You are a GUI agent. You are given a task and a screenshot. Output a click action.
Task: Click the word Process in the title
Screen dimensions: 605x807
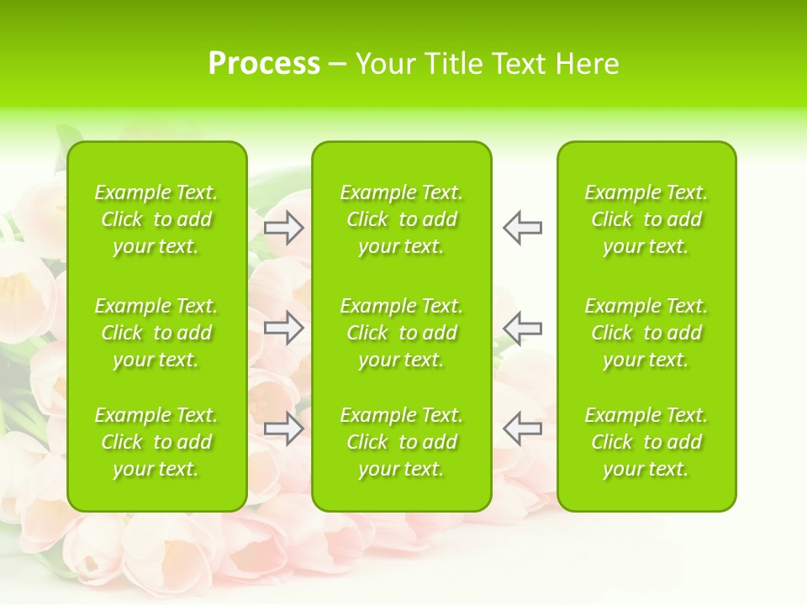click(x=264, y=64)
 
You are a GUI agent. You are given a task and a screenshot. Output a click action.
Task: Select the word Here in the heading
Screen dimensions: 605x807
click(x=588, y=64)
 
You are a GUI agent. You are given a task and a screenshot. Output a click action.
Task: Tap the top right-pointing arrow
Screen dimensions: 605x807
click(x=284, y=228)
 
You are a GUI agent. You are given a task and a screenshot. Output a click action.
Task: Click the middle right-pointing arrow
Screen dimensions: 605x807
click(x=284, y=328)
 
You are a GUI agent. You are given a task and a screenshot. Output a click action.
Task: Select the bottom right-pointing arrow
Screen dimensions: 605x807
click(x=284, y=429)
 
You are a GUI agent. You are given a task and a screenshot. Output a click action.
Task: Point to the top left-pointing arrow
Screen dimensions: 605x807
click(x=522, y=228)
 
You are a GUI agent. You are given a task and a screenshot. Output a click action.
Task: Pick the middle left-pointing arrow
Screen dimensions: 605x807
click(x=522, y=328)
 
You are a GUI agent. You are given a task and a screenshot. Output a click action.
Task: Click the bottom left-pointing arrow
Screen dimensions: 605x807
click(x=522, y=429)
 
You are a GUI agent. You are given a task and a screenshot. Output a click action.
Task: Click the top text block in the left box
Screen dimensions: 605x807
click(x=156, y=219)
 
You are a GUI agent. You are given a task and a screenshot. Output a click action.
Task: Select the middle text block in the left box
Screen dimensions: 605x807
click(x=156, y=333)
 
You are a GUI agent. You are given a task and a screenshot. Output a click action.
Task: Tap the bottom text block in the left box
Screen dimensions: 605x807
click(x=156, y=442)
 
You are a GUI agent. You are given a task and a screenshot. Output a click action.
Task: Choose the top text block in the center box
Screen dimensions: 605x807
click(x=401, y=219)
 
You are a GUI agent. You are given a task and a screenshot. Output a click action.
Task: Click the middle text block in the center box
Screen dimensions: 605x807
click(x=401, y=333)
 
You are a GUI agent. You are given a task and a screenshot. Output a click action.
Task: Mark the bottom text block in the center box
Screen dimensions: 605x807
click(x=401, y=442)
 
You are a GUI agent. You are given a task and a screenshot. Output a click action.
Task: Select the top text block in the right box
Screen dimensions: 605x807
click(x=646, y=219)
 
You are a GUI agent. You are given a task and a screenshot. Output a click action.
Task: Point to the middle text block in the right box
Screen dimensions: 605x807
click(x=646, y=333)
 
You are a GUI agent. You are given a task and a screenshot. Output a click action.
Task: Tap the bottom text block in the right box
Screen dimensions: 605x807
click(x=646, y=442)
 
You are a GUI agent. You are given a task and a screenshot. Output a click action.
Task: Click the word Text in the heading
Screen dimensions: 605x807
click(x=521, y=64)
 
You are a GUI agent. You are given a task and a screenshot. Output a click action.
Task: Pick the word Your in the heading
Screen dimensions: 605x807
click(x=388, y=64)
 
